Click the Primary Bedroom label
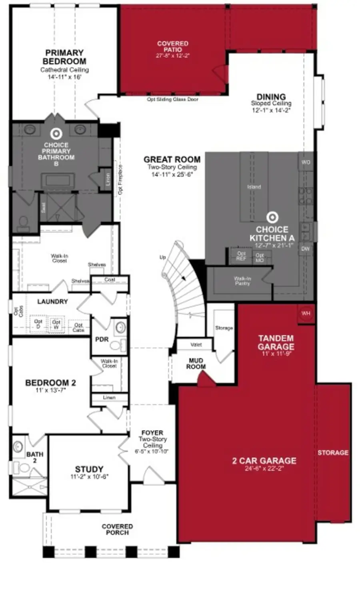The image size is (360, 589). tap(64, 57)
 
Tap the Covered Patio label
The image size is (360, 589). tap(172, 46)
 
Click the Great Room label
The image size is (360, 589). tap(172, 160)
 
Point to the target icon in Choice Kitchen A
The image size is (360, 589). tap(272, 217)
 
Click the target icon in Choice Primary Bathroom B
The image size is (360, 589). tap(56, 134)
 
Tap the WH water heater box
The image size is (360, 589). tap(306, 313)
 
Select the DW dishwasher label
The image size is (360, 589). tap(306, 249)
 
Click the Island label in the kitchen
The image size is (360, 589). tap(254, 187)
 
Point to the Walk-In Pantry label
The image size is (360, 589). tap(242, 280)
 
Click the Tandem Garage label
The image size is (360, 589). tap(276, 343)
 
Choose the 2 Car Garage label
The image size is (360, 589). tap(264, 461)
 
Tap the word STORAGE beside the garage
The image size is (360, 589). tap(333, 453)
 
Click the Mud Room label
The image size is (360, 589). tap(196, 364)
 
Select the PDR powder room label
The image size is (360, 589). tap(102, 339)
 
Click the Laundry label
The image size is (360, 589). tap(52, 301)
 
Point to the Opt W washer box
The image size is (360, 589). tap(56, 324)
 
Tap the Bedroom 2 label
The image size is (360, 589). tap(50, 383)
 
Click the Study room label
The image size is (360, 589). tap(89, 469)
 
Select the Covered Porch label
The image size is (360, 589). tap(117, 529)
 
